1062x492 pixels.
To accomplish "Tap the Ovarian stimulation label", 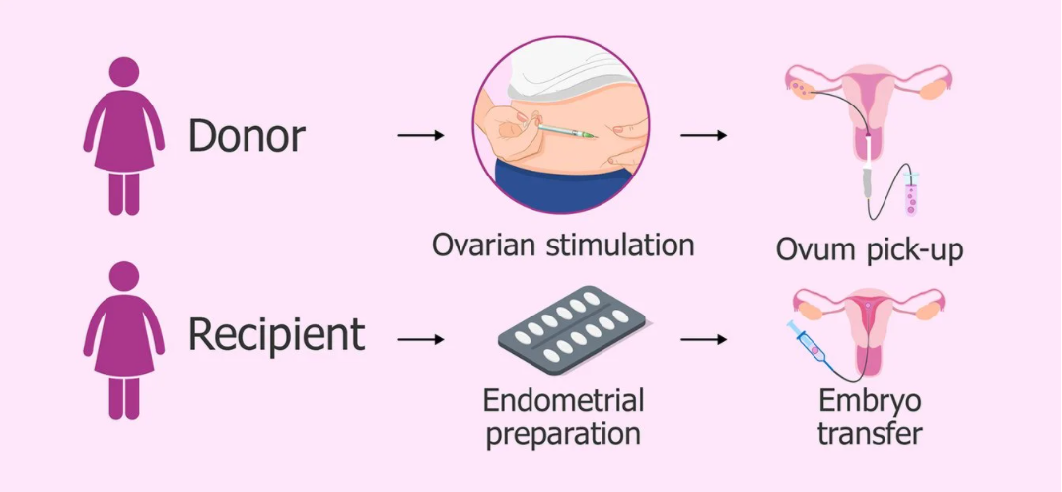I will (x=562, y=245).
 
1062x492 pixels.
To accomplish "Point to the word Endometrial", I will (x=563, y=400).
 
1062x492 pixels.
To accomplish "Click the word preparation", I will (x=562, y=433).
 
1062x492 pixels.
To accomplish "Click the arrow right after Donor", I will (x=421, y=134).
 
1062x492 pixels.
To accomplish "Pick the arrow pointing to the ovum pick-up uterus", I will (x=703, y=134).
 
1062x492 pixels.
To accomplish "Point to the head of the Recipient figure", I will (x=123, y=277).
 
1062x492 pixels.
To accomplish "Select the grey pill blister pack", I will (x=570, y=331).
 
